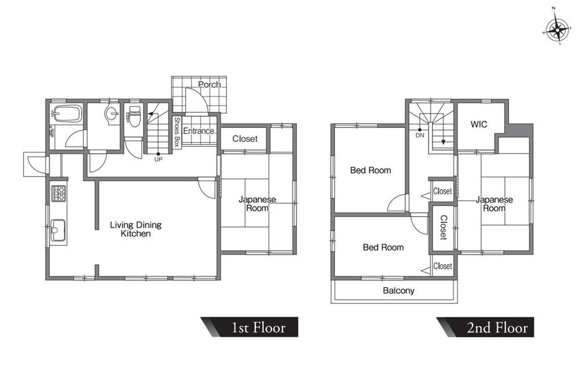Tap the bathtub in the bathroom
[x=67, y=113]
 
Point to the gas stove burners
[x=58, y=193]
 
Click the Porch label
[x=210, y=85]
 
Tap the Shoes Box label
[x=177, y=132]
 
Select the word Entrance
[x=199, y=131]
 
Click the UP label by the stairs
[x=158, y=159]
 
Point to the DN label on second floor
[x=420, y=135]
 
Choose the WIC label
[x=479, y=124]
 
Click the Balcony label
[x=398, y=291]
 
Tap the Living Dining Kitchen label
[x=136, y=229]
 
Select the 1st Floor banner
[x=250, y=327]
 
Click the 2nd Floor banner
[x=485, y=327]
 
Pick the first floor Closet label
[x=245, y=139]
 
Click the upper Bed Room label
[x=371, y=171]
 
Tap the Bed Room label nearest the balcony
[x=383, y=247]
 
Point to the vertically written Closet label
[x=444, y=227]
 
